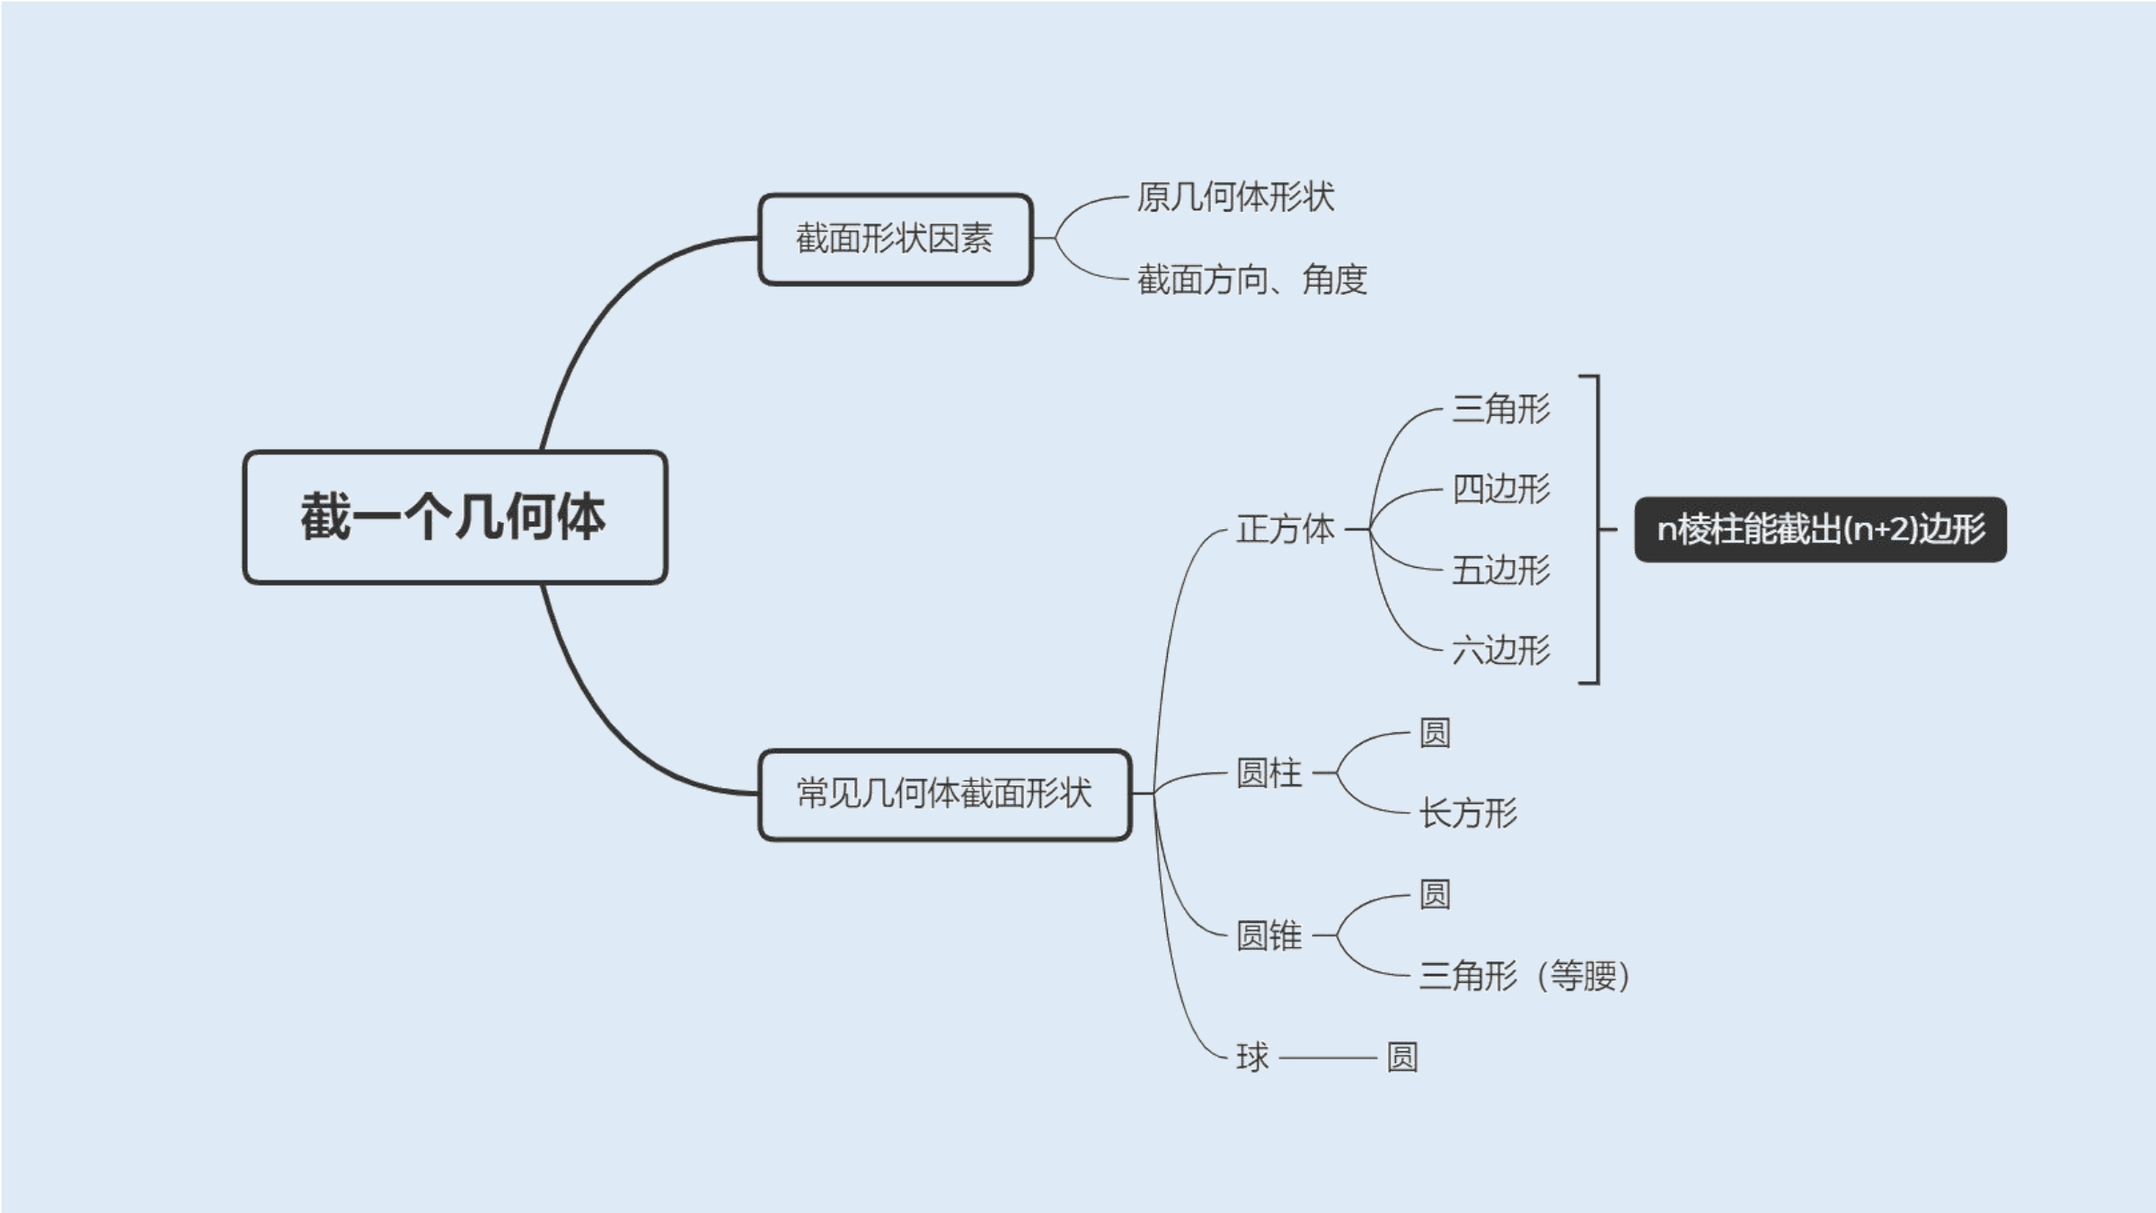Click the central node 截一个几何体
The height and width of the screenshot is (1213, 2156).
(455, 518)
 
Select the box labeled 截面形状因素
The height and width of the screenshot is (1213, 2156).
(896, 239)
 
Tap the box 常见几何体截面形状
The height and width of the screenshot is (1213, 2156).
(944, 794)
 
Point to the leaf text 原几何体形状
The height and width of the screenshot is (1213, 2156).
(1235, 197)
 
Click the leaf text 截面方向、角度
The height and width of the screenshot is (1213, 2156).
(1251, 280)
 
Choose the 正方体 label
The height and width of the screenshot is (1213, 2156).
(1286, 529)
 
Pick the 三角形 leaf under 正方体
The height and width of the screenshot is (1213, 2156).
(1501, 409)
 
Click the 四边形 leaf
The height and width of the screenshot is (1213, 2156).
(1501, 490)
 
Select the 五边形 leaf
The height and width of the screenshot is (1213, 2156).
(1501, 570)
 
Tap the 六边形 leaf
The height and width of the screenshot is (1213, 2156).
(1501, 650)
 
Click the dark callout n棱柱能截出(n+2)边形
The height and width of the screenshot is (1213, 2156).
(1820, 529)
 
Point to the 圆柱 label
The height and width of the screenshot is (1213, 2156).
(1268, 773)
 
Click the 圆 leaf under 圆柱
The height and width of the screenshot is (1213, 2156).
(1435, 733)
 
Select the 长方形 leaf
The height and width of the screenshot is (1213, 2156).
(1468, 813)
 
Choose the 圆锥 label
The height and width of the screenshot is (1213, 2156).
(1268, 935)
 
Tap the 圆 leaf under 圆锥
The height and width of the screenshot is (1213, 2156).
(1435, 895)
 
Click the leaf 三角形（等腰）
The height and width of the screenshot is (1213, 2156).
(1524, 976)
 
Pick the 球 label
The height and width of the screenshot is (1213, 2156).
(1252, 1058)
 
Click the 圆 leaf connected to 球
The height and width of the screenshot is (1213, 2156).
(1402, 1058)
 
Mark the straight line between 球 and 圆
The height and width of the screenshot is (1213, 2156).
(1328, 1058)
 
